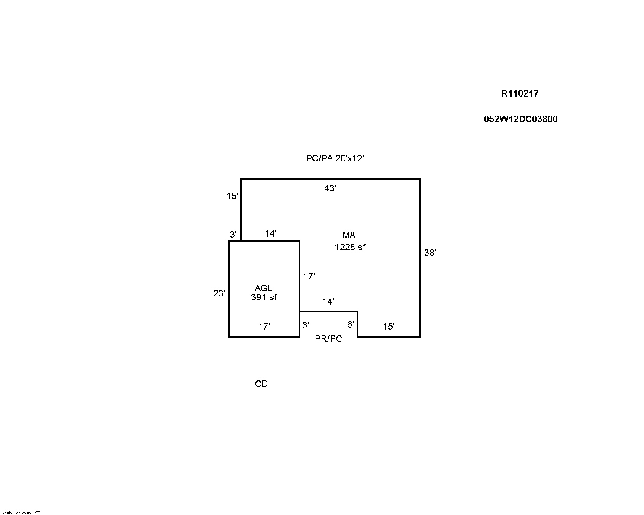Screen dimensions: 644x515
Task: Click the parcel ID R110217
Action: pos(520,93)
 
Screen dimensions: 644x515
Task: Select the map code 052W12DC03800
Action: pos(521,119)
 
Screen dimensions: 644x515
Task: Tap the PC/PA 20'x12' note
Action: pos(335,158)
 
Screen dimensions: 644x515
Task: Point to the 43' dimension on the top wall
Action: pos(330,188)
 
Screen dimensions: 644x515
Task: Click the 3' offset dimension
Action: pos(233,234)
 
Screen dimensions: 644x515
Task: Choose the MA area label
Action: pos(349,235)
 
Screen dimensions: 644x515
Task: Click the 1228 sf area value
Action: pos(350,247)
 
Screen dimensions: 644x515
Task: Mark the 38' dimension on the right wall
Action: pos(430,253)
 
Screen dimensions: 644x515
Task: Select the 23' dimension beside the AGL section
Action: pos(219,293)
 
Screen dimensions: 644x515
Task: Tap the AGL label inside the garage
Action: pos(263,288)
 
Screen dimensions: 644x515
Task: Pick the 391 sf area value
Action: pos(264,297)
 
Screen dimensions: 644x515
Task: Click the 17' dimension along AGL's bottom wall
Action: pos(264,326)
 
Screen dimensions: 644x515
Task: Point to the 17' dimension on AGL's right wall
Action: pos(309,276)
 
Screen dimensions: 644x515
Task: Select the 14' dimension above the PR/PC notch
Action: pos(328,301)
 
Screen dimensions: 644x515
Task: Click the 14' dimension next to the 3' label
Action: pos(270,234)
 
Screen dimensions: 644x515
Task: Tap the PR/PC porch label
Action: pos(328,339)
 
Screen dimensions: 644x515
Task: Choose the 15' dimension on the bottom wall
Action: pos(389,327)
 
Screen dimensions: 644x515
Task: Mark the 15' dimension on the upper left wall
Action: pos(232,196)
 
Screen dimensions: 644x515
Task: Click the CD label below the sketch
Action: pos(261,384)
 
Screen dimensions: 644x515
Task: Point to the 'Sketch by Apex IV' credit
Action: pos(21,512)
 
